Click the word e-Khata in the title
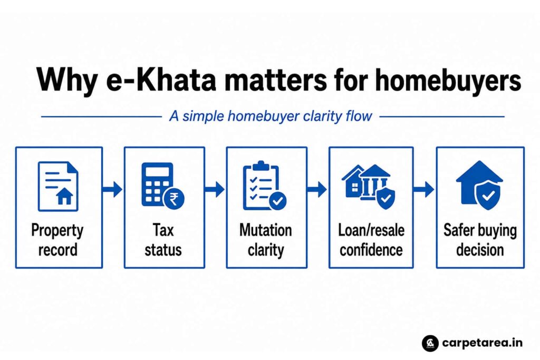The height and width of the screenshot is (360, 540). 161,80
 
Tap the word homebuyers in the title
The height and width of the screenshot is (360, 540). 448,81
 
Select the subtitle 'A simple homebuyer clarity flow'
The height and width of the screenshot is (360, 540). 271,116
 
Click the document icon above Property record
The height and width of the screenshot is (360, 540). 58,186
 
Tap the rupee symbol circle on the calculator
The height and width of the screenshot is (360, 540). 174,199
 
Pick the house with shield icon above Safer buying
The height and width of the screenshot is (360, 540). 479,185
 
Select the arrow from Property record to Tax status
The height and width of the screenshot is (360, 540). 112,189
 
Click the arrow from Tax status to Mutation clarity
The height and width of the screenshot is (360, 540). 215,189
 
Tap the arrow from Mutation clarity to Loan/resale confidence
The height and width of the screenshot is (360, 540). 317,189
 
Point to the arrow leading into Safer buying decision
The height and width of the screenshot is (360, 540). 424,189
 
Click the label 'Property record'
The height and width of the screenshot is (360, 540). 57,240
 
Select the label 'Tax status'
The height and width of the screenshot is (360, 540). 163,240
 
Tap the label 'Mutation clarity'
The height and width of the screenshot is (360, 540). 266,240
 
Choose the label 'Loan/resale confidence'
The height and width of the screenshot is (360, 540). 371,240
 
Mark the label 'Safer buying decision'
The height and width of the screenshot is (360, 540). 480,240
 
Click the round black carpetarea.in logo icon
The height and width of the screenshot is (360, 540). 430,343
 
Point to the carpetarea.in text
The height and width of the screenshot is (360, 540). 482,343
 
